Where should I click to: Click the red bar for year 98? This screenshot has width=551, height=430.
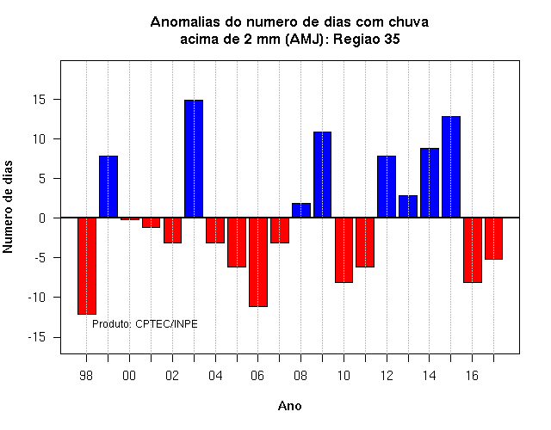(87, 266)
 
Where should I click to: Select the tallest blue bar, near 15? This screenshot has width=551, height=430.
(194, 158)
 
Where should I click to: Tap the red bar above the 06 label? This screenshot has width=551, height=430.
(258, 262)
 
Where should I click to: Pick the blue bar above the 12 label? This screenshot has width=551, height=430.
(387, 187)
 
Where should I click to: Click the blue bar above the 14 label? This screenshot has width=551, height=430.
(430, 183)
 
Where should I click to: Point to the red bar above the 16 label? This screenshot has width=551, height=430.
(473, 250)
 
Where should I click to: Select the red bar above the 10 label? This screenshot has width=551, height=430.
(344, 250)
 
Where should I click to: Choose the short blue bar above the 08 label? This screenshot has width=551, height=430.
(301, 210)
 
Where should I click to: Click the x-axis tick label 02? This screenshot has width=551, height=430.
(172, 376)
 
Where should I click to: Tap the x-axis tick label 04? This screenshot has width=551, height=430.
(215, 376)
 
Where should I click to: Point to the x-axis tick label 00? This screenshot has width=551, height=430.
(129, 376)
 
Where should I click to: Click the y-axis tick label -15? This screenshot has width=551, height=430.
(37, 337)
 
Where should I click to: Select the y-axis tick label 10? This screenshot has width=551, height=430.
(40, 139)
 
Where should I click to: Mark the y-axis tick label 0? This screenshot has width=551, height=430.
(42, 218)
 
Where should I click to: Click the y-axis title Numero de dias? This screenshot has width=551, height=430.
(8, 207)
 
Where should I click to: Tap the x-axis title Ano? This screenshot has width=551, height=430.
(289, 406)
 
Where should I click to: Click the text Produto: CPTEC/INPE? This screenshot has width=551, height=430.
(145, 324)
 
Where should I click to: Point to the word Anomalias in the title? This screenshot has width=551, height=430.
(195, 22)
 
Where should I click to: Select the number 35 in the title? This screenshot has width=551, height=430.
(393, 39)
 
